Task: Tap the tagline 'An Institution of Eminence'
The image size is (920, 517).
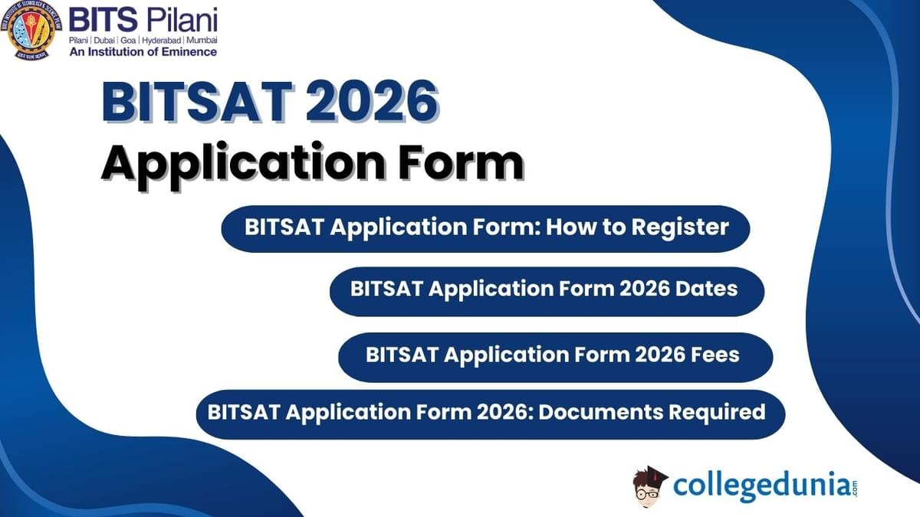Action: point(143,51)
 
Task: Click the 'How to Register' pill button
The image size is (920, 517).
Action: point(485,228)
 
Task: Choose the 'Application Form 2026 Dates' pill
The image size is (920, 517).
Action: point(546,290)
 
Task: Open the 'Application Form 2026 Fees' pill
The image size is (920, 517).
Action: point(554,355)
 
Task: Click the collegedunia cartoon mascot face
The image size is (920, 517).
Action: point(649,490)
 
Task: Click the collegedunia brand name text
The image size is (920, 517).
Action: point(759,486)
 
